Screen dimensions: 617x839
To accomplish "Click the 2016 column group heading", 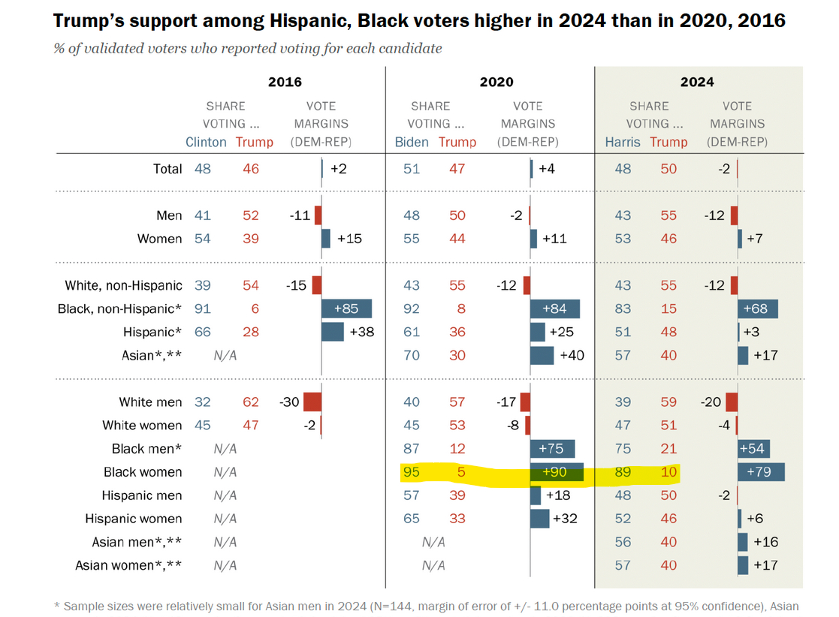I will [285, 82].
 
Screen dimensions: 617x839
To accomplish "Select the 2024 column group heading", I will [697, 82].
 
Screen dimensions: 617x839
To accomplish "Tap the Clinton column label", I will [206, 142].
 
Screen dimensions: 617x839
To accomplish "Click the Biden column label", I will [412, 142].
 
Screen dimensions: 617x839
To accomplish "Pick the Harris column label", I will [623, 142].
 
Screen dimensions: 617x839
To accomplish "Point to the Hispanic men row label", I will [142, 495].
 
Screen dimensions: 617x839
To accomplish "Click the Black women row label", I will [143, 472].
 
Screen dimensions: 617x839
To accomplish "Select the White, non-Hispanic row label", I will [123, 285].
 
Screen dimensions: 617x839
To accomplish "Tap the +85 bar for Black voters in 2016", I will [346, 308].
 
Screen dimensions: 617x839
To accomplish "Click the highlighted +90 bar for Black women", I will [557, 472].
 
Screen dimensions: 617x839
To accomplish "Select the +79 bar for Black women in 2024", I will [761, 472].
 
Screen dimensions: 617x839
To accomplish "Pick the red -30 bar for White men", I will [312, 402].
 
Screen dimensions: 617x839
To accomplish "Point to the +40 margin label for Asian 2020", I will [572, 355].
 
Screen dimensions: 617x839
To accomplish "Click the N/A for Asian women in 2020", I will [433, 565].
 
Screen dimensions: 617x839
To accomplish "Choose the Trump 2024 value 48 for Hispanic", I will [668, 332].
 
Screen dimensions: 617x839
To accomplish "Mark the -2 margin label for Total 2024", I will [723, 169].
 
